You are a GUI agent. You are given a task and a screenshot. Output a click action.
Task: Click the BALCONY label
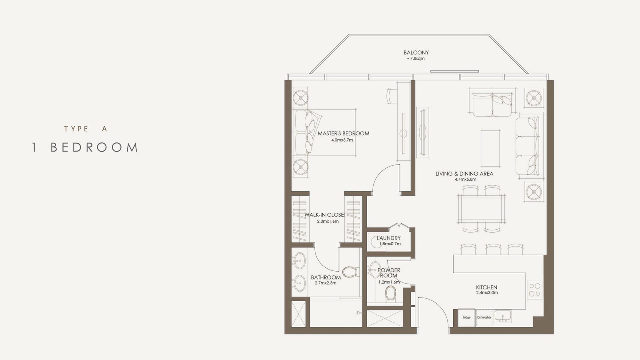pyautogui.click(x=416, y=52)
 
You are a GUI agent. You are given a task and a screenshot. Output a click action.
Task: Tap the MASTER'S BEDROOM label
pyautogui.click(x=344, y=134)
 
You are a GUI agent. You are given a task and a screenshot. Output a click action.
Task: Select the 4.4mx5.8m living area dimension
pyautogui.click(x=466, y=180)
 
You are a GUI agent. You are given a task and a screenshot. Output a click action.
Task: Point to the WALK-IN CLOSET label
pyautogui.click(x=325, y=215)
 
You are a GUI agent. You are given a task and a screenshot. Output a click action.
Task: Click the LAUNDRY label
pyautogui.click(x=388, y=238)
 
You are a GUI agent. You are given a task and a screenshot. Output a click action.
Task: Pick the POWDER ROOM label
pyautogui.click(x=389, y=273)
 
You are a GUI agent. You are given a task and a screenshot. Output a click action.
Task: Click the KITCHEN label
pyautogui.click(x=486, y=288)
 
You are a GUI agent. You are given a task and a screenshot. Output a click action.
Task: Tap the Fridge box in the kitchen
pyautogui.click(x=466, y=318)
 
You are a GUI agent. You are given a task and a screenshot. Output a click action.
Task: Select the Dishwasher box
pyautogui.click(x=484, y=318)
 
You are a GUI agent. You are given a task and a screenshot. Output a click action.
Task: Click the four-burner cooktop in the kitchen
pyautogui.click(x=534, y=290)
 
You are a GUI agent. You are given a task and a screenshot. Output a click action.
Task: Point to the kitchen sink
pyautogui.click(x=503, y=316)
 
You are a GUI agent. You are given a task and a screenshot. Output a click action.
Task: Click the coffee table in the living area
pyautogui.click(x=490, y=148)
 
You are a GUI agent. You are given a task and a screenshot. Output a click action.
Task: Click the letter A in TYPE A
pyautogui.click(x=104, y=129)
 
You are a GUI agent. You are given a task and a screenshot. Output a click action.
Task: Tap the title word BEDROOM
pyautogui.click(x=94, y=148)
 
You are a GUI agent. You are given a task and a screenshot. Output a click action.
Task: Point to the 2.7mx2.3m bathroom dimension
pyautogui.click(x=326, y=283)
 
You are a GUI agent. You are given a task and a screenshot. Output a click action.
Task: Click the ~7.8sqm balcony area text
pyautogui.click(x=416, y=58)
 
